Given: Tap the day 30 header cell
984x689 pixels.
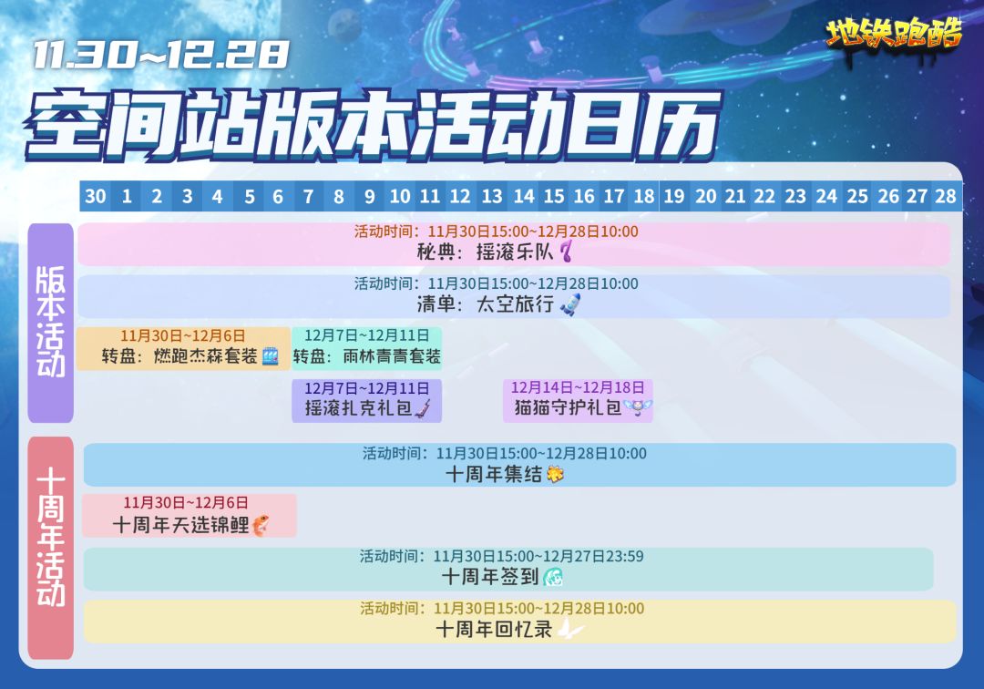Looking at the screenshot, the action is coord(96,197).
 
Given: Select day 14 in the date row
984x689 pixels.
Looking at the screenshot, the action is coord(523,197).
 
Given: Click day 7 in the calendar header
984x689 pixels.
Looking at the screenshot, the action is coord(308,197).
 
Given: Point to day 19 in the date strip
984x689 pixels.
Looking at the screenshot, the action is coord(674,197).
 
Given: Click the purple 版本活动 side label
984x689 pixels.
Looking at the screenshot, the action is coord(51,323).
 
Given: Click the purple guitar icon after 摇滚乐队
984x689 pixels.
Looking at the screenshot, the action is coord(567,252).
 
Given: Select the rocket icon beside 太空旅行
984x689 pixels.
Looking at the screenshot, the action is coord(569,304).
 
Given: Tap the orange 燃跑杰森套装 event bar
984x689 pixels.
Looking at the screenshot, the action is coord(183,348).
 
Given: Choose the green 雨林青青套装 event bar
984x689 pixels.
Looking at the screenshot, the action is coord(366,348).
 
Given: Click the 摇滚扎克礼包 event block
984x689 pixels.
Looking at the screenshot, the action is coord(366,400).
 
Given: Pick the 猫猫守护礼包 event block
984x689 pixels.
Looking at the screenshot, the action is coord(578,400).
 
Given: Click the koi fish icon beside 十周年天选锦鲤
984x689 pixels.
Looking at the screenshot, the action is coord(261,525).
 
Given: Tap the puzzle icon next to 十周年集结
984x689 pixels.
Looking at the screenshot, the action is coord(556,475).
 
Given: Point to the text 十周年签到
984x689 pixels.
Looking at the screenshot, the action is coord(490,576).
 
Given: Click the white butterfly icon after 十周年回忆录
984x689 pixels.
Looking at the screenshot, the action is coord(570,628).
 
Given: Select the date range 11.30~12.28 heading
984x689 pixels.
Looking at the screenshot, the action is coord(160,55).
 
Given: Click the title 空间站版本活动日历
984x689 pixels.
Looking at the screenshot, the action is coord(374,124).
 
